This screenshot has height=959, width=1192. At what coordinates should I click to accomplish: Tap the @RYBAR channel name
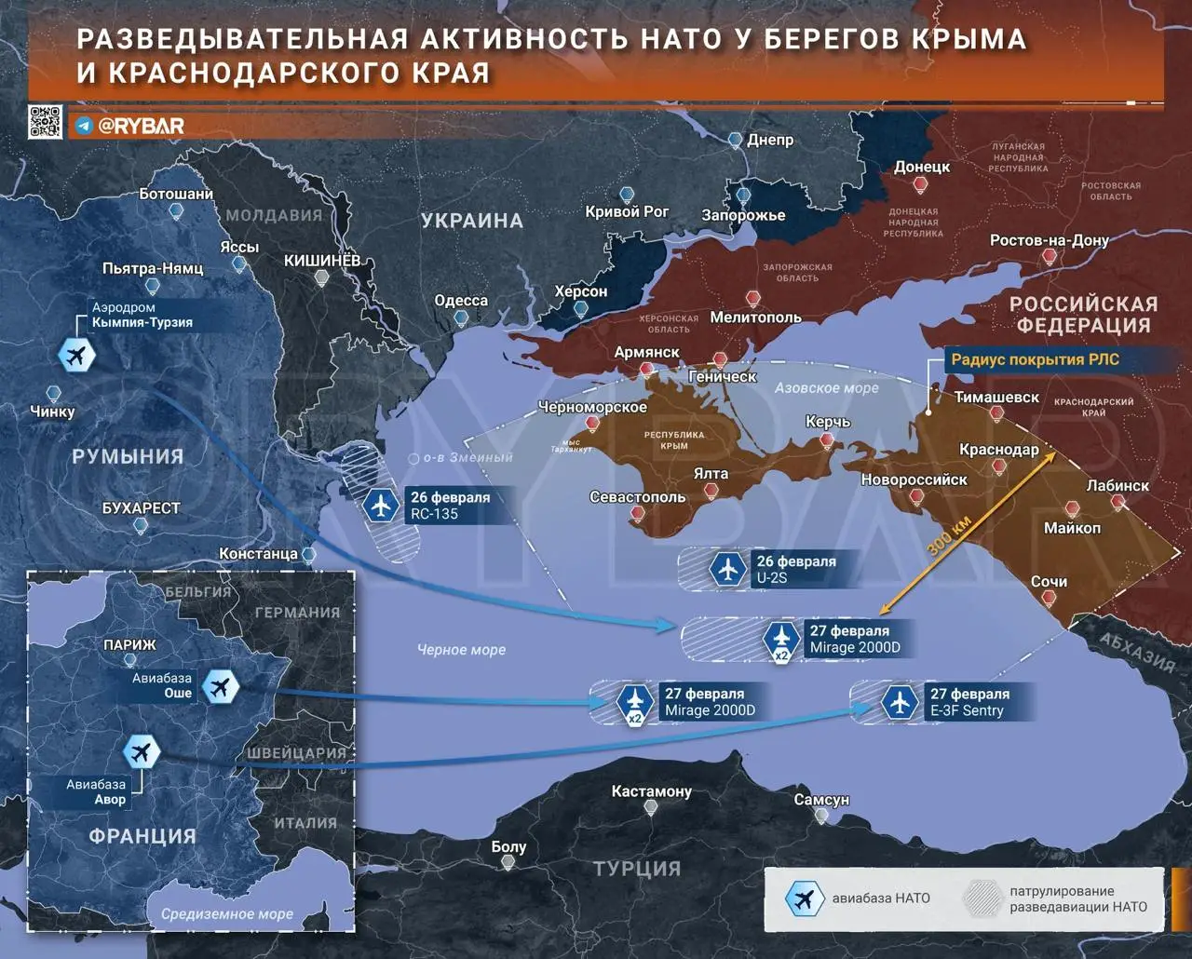141,126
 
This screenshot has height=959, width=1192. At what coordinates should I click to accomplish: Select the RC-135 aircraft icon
381,505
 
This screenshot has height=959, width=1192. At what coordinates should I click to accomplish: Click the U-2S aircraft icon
727,569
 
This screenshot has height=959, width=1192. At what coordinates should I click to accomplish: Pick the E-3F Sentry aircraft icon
900,702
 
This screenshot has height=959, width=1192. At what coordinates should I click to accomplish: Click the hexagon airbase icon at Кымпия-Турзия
76,355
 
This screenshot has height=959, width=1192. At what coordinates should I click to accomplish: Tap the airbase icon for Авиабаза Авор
142,752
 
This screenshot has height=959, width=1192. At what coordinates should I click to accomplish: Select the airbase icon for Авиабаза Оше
221,687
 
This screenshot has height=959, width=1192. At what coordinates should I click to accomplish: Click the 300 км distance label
949,535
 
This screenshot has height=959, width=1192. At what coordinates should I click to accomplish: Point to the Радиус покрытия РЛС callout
1035,359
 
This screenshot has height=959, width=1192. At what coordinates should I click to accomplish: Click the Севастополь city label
637,497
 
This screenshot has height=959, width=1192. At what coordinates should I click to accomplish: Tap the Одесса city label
461,301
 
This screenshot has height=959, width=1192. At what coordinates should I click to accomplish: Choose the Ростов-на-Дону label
1049,240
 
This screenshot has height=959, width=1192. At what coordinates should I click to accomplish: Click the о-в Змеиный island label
467,458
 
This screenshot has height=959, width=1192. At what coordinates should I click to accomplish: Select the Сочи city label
1049,581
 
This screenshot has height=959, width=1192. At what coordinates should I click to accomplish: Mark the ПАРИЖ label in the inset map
129,644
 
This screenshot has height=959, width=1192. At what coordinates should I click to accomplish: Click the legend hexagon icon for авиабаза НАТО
802,898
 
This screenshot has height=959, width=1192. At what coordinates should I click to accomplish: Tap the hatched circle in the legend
982,898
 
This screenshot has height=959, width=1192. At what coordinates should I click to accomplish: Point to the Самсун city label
821,800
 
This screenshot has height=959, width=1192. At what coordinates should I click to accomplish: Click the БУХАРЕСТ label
141,508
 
